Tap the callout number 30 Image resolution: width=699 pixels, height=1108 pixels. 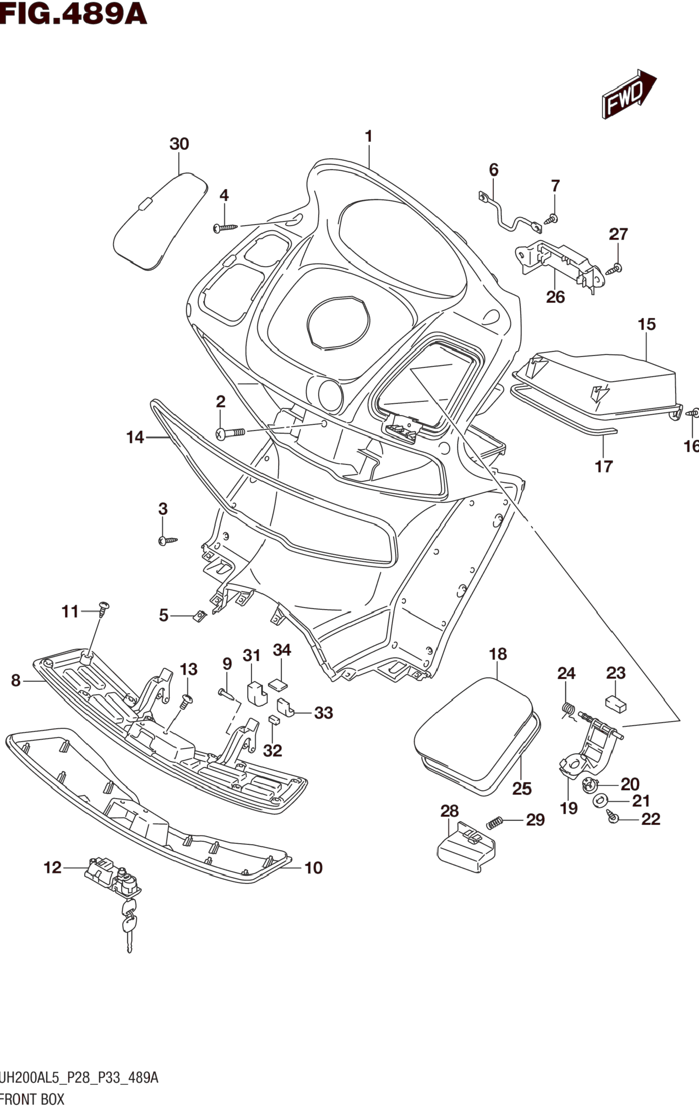179,144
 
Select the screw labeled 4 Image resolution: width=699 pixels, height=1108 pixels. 225,227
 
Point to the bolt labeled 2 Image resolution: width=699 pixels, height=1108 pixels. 232,433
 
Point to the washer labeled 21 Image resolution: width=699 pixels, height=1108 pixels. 599,801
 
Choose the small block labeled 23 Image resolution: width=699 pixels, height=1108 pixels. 616,704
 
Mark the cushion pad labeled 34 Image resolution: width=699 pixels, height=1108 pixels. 278,684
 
